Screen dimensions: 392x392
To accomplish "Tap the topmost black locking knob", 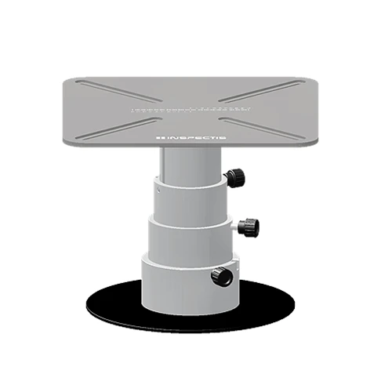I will [234, 178].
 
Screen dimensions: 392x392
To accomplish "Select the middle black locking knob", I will [249, 227].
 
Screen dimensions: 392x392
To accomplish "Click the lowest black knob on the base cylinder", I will [222, 277].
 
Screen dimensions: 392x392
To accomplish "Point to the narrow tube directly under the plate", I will [186, 163].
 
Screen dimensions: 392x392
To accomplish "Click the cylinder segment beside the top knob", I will [188, 200].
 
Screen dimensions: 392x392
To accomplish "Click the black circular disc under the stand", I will [118, 310].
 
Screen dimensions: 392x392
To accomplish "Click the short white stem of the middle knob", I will [237, 227].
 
